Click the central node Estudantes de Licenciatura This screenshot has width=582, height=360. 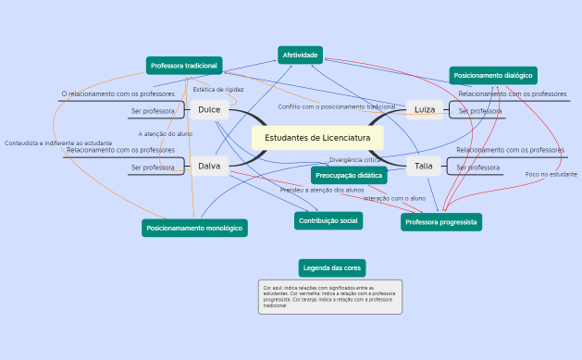316,138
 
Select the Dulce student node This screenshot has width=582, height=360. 209,110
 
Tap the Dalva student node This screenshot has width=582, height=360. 209,167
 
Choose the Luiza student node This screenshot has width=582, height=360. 424,110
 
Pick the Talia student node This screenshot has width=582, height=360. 423,167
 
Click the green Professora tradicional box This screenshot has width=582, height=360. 184,66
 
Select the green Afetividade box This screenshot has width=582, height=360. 300,56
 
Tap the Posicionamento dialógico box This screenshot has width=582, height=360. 493,75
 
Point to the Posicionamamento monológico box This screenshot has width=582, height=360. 194,228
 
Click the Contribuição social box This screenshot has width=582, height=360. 328,220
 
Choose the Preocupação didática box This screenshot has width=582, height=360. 349,175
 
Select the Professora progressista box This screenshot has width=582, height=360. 441,222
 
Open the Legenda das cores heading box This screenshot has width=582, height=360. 332,268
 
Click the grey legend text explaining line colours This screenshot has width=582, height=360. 329,297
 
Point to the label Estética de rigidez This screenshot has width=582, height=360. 218,90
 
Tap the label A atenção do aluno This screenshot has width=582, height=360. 166,134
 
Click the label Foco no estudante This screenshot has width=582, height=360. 551,174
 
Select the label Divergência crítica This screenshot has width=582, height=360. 355,160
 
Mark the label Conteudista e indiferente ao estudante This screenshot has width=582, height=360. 58,143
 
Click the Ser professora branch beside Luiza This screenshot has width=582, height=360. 479,111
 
